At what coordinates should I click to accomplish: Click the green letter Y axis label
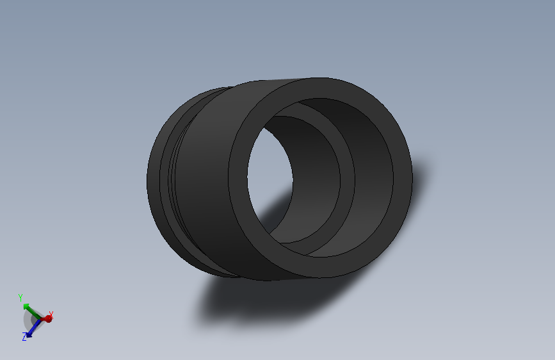[20, 298]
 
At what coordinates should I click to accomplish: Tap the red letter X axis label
[51, 314]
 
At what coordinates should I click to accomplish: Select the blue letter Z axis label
[24, 337]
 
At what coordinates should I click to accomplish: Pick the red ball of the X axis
[47, 318]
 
